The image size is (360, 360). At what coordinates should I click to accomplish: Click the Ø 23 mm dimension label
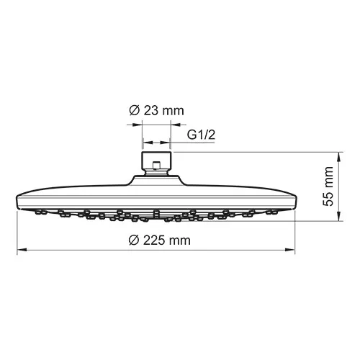pos(156,111)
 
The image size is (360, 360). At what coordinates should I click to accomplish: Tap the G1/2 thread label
pos(202,135)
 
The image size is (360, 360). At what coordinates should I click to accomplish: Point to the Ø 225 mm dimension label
pos(156,240)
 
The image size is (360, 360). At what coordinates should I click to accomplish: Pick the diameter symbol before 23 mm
pos(133,111)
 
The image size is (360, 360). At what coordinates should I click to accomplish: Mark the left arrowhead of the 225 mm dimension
pos(19,250)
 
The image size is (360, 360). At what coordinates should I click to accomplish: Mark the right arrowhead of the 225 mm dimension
pos(292,250)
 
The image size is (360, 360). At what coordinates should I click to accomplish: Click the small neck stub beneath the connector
pos(156,171)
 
